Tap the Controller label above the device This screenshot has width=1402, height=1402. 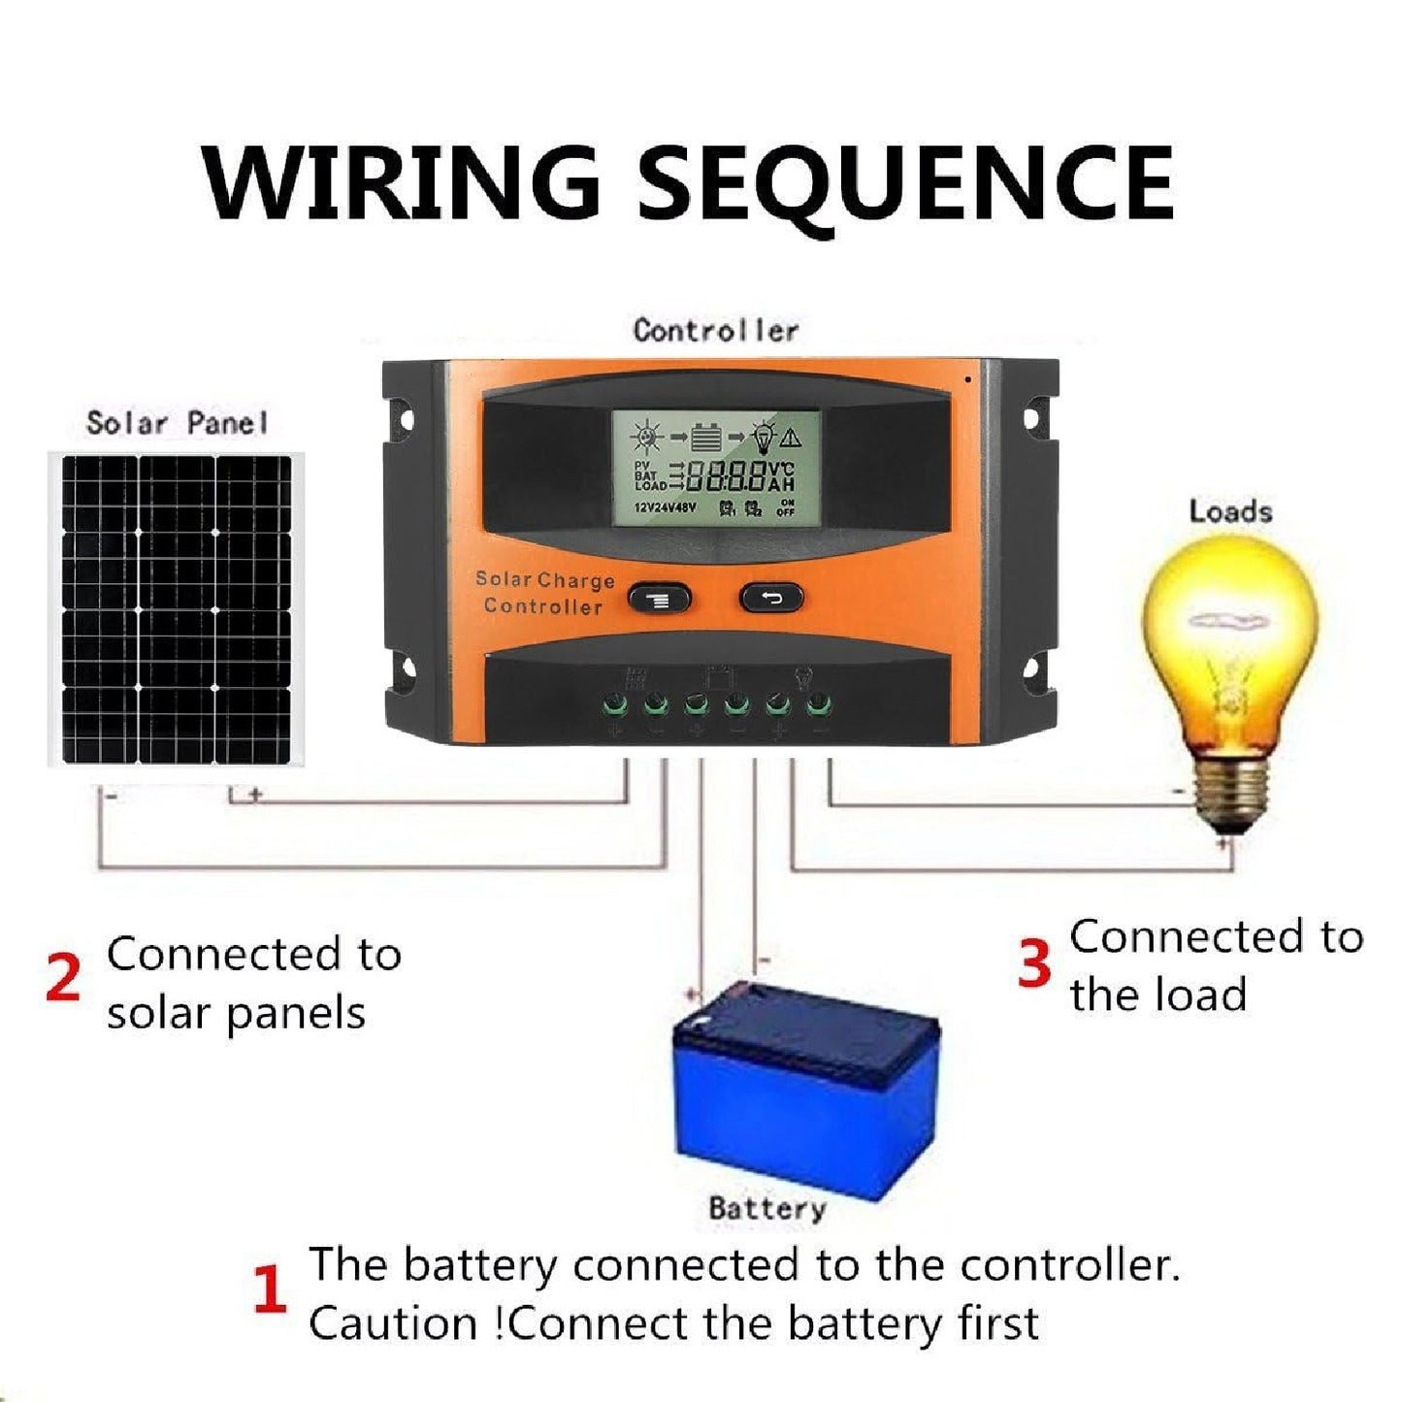click(x=715, y=330)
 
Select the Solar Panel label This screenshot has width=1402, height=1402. click(x=176, y=423)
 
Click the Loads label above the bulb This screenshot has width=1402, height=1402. click(x=1230, y=511)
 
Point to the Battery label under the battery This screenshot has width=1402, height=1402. click(x=766, y=1209)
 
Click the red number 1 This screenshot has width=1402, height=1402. click(x=270, y=1289)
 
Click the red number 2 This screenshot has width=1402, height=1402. click(x=63, y=979)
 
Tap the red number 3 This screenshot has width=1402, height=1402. click(x=1034, y=963)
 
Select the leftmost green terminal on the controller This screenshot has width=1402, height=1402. click(x=614, y=702)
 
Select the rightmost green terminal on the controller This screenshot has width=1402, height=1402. click(x=819, y=702)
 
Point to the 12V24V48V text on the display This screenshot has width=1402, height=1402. click(x=665, y=507)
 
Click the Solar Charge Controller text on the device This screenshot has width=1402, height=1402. click(x=544, y=593)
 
